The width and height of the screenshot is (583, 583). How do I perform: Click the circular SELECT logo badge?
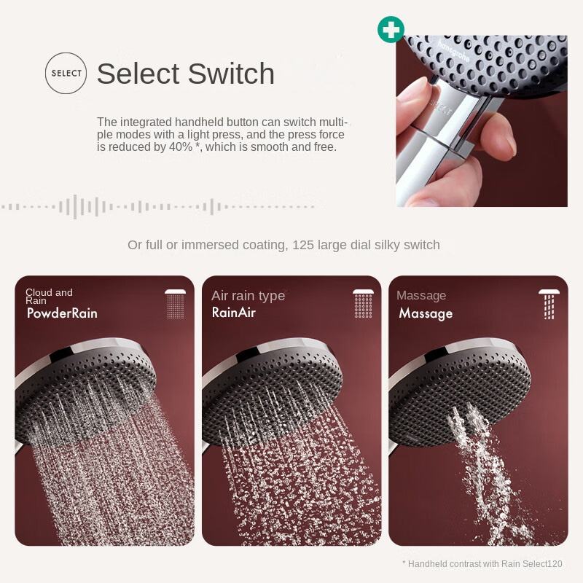pos(66,73)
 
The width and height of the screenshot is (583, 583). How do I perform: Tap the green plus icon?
pos(391,29)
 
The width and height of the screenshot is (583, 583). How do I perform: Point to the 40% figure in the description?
pos(181,147)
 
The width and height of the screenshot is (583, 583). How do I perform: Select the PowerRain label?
pos(62,313)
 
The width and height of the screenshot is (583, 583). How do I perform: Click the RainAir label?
pos(233,313)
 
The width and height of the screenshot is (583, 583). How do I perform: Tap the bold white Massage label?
pos(426,314)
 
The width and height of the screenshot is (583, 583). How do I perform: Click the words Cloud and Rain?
pos(49,297)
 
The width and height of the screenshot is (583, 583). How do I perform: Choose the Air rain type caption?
pos(249,296)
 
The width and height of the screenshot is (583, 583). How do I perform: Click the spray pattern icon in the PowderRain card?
pos(176,305)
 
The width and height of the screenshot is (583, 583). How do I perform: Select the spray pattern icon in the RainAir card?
pos(363,304)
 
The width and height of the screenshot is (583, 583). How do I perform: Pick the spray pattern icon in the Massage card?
pos(549,304)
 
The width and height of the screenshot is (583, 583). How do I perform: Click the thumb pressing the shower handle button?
pos(412,97)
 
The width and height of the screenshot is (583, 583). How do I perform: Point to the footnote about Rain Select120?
pos(482,564)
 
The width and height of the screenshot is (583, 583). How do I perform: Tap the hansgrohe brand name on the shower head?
pos(453,50)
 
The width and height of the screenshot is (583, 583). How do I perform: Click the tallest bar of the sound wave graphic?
pos(75,207)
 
